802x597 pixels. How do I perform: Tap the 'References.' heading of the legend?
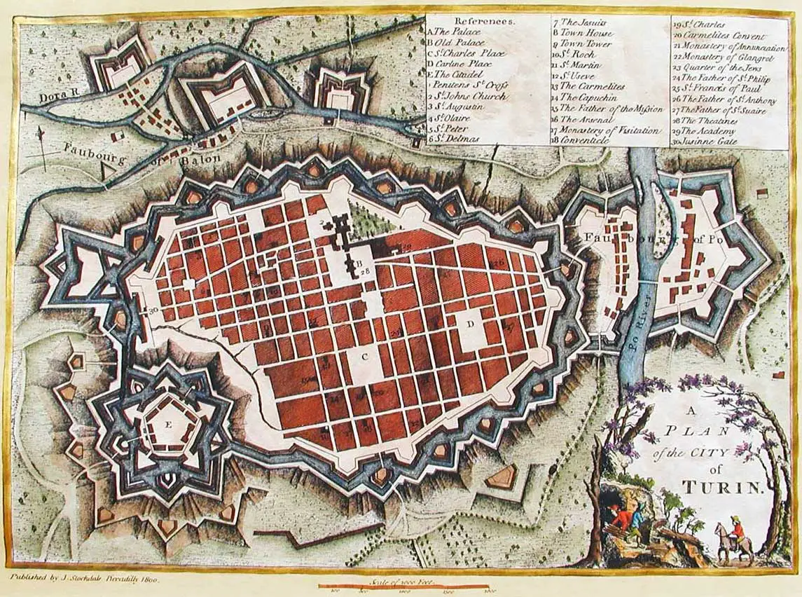(485, 21)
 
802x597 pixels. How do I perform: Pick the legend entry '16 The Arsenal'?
(588, 120)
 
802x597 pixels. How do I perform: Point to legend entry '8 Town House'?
(582, 33)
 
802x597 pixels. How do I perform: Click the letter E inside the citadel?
(168, 425)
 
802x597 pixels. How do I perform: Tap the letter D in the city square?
(471, 323)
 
